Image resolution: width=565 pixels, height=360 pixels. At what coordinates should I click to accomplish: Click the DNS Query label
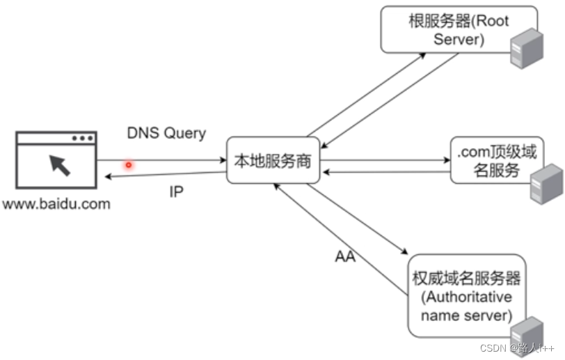166,133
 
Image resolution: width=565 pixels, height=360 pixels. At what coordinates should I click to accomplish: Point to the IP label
177,191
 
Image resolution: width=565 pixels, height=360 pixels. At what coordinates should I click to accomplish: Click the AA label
345,257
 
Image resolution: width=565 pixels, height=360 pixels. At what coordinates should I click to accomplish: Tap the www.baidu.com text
56,204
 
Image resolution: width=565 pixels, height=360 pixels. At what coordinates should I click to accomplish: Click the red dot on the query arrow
128,165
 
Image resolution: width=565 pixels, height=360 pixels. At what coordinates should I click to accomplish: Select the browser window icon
56,160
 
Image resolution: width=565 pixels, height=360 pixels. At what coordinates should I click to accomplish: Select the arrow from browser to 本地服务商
167,161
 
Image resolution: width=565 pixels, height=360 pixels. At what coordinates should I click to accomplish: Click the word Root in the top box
492,21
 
